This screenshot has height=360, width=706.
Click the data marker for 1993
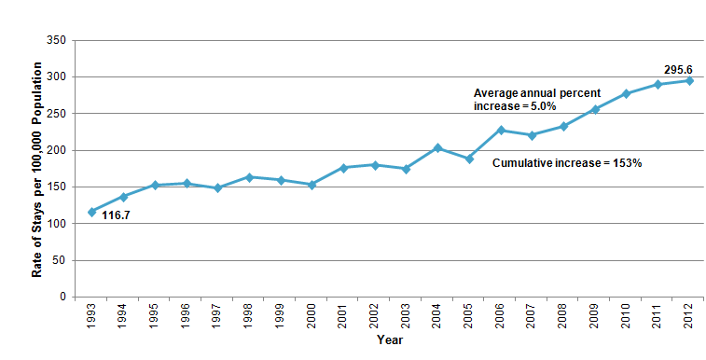91,212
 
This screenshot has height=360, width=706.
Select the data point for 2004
437,147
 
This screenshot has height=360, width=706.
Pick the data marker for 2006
501,130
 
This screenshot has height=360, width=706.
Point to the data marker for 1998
249,176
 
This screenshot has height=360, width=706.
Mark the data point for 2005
469,159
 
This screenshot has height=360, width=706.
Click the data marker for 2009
595,109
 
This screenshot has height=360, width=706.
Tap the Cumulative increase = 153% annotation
567,161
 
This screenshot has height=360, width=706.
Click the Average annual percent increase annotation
536,100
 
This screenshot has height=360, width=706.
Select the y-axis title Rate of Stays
37,169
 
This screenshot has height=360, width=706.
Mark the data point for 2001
343,168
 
